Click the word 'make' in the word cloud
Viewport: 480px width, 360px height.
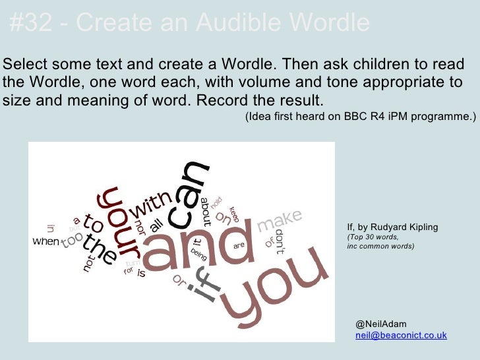(279, 220)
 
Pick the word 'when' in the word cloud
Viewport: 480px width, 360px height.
(46, 241)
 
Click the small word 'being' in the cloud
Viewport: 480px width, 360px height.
(198, 255)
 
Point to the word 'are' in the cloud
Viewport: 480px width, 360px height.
(239, 245)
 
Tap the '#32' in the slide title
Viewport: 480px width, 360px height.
(31, 24)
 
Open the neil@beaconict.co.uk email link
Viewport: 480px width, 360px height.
(401, 335)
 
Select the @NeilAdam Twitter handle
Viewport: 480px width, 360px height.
(381, 324)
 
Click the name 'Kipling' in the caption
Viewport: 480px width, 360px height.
(421, 227)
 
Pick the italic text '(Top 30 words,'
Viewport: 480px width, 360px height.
(373, 237)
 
